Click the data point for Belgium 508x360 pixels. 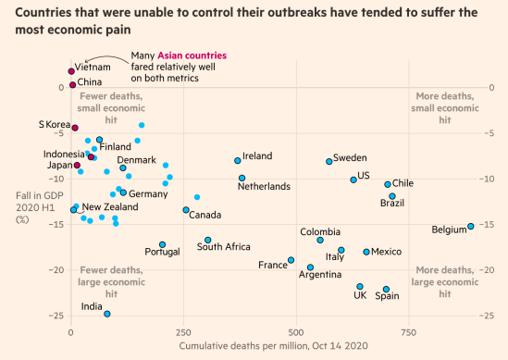[x=470, y=227]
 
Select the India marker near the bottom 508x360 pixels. [x=106, y=314]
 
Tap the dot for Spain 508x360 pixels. [x=387, y=290]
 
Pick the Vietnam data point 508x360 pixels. [x=71, y=71]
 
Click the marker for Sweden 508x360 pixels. [x=329, y=162]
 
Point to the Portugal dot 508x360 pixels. [x=162, y=244]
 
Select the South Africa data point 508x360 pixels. [x=208, y=240]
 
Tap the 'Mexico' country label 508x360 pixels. [x=386, y=252]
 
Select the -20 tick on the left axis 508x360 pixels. [x=58, y=270]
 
